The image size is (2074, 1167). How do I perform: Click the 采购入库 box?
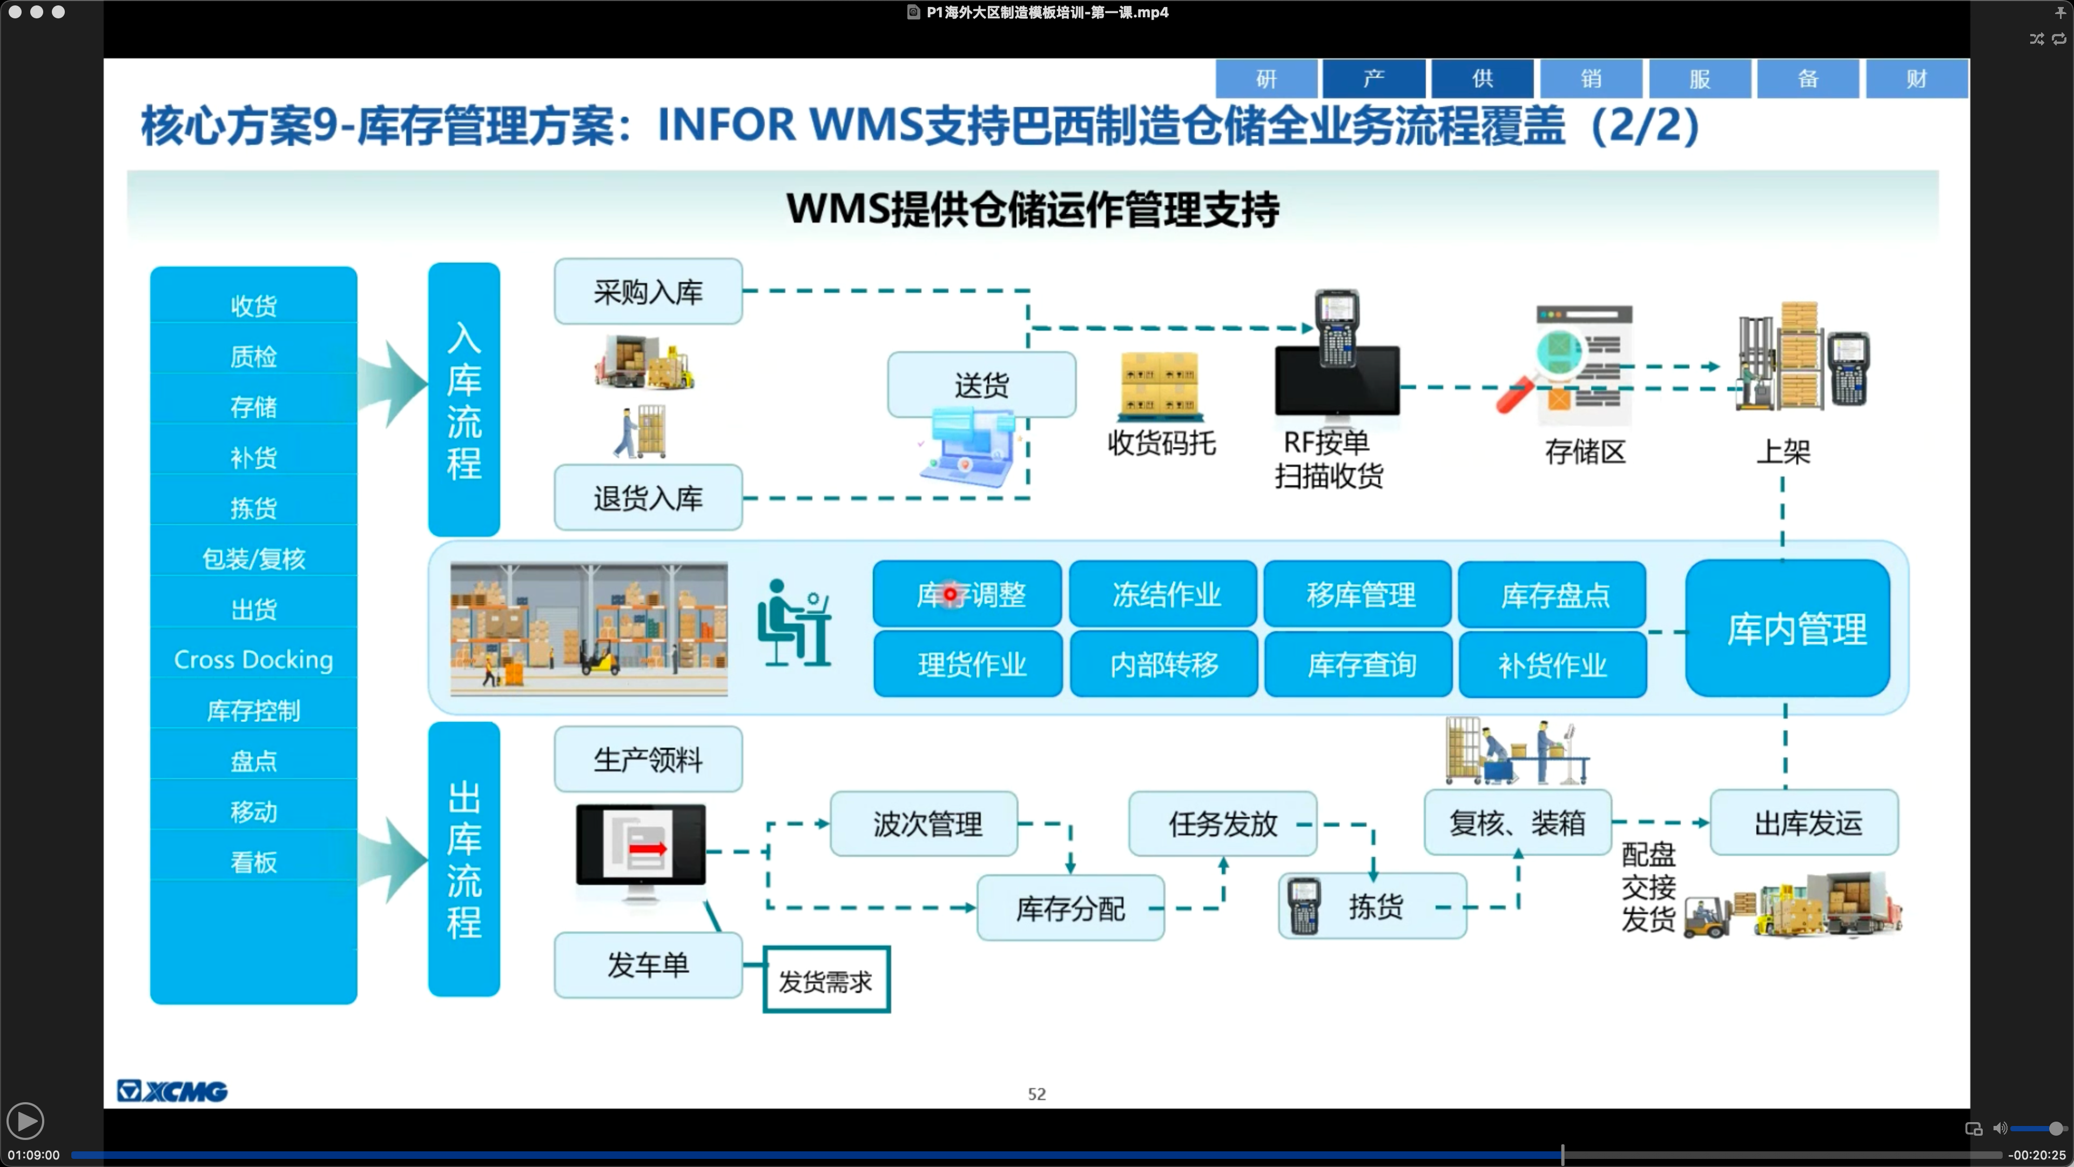[648, 292]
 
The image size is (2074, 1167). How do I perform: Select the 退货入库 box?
[648, 498]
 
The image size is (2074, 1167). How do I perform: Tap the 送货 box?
[981, 385]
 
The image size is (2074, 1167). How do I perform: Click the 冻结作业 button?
[1164, 594]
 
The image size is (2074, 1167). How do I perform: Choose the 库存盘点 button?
[1554, 594]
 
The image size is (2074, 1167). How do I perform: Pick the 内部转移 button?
[1164, 665]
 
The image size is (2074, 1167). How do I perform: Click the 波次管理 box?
[925, 823]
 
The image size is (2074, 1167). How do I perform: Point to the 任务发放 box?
[1222, 823]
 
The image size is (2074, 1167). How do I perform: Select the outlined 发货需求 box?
[826, 980]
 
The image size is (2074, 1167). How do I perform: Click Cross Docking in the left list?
[254, 659]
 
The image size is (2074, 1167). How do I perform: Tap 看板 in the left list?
[254, 861]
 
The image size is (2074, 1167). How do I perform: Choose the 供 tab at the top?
[1482, 79]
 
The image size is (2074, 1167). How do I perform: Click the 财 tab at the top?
[1917, 79]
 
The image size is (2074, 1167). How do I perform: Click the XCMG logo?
[172, 1091]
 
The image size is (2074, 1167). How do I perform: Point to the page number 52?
[1037, 1094]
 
